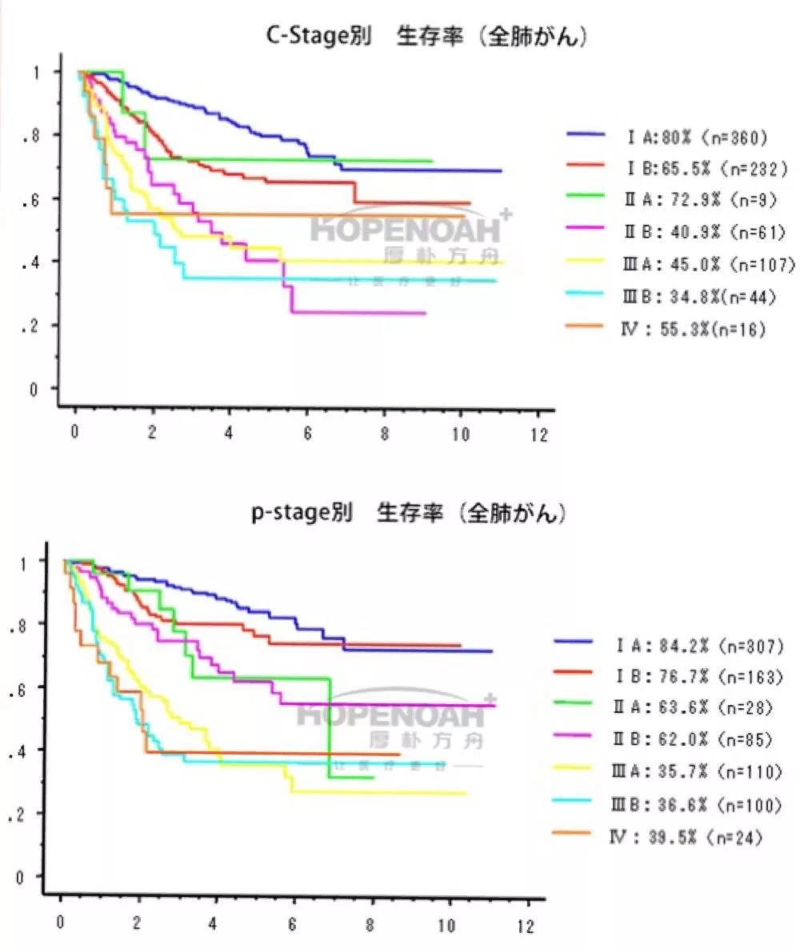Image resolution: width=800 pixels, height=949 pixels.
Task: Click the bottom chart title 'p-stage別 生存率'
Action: [409, 514]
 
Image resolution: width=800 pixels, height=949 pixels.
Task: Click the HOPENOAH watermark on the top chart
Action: [407, 228]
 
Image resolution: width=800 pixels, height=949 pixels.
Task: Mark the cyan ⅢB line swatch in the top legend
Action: [586, 296]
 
